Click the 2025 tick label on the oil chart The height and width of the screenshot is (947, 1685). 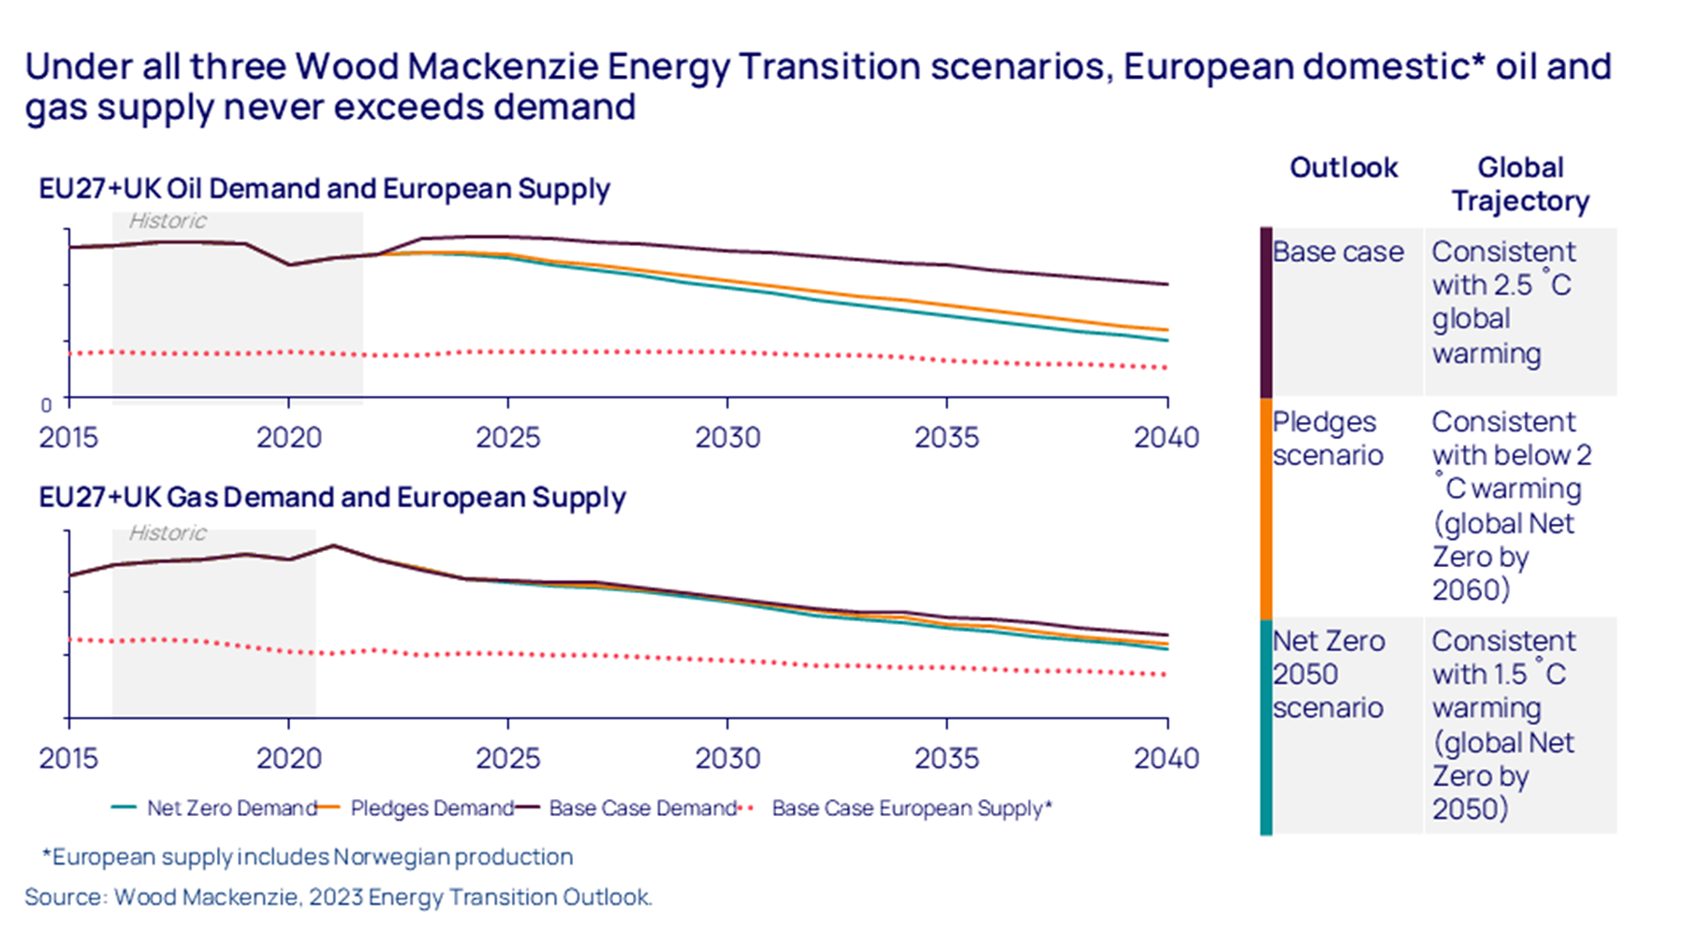[x=507, y=437]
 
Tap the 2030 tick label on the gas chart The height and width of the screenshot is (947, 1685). [x=727, y=757]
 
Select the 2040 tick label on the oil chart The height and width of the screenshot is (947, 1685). [x=1166, y=437]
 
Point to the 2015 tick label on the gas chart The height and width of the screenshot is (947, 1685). [x=68, y=757]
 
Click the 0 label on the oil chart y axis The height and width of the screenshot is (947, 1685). [x=46, y=405]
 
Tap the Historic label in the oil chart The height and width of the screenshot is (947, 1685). [x=168, y=221]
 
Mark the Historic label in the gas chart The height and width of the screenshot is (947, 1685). [x=168, y=532]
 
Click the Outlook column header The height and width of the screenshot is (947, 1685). [x=1343, y=168]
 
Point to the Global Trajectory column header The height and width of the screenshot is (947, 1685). [x=1520, y=184]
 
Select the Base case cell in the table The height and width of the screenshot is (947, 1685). [x=1338, y=252]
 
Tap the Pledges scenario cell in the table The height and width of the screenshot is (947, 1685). [x=1327, y=438]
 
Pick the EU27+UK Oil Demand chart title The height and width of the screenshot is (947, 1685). [x=324, y=189]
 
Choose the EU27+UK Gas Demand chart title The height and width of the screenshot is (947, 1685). [x=332, y=497]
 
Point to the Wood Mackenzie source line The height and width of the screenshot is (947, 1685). [x=338, y=896]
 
